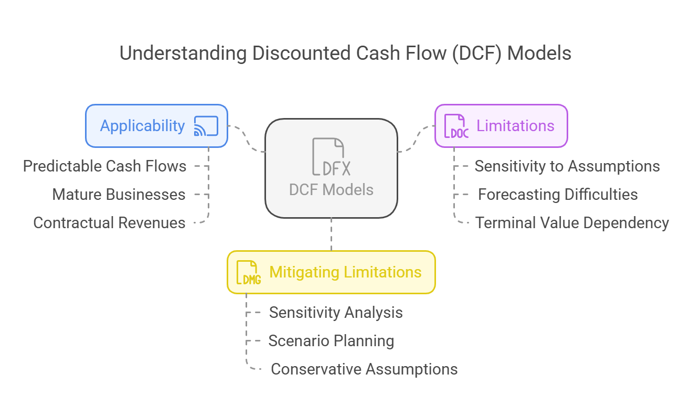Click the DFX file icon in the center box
[331, 157]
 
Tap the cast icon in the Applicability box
[206, 126]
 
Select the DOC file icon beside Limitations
[456, 126]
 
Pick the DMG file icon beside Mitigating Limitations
[248, 272]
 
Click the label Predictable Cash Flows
[104, 166]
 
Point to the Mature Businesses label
[119, 195]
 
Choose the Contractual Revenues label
[109, 223]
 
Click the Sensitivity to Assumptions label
[567, 166]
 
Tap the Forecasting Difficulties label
[558, 195]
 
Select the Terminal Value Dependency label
[572, 223]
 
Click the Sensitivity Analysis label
[336, 313]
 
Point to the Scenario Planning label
[331, 341]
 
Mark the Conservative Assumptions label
[364, 369]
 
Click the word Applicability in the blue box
[143, 126]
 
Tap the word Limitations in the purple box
[515, 126]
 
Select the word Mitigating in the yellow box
[304, 272]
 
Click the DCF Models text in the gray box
[331, 190]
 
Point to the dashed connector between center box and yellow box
[331, 234]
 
